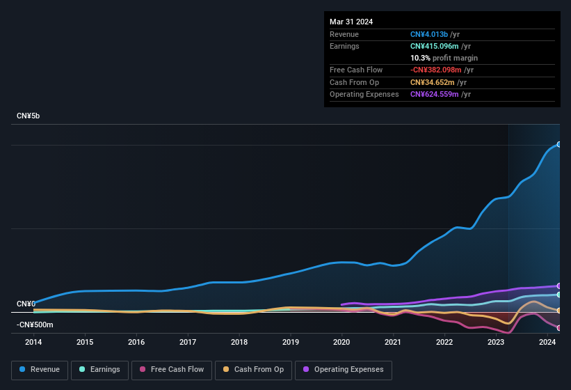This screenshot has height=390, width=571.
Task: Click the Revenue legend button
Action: tap(40, 370)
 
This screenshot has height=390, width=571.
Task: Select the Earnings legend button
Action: tap(99, 370)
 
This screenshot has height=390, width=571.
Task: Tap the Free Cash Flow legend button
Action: tap(172, 370)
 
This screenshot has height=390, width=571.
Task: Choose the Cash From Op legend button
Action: tap(253, 370)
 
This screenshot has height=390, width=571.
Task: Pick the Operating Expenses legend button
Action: tap(343, 370)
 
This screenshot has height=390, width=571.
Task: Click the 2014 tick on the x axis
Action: tap(33, 342)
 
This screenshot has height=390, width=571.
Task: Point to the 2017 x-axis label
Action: tap(188, 342)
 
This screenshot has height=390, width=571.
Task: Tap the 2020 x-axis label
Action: tap(341, 342)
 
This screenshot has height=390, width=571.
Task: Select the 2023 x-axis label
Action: tap(496, 342)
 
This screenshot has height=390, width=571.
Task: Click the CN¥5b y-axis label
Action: tap(29, 116)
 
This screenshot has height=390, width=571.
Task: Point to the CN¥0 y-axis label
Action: tap(26, 304)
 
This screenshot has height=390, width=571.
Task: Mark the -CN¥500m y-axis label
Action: tap(35, 325)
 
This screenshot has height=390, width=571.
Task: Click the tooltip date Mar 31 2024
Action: tap(351, 22)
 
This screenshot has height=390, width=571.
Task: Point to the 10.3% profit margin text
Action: tap(444, 58)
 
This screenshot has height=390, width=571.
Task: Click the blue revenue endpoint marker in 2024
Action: tap(558, 144)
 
